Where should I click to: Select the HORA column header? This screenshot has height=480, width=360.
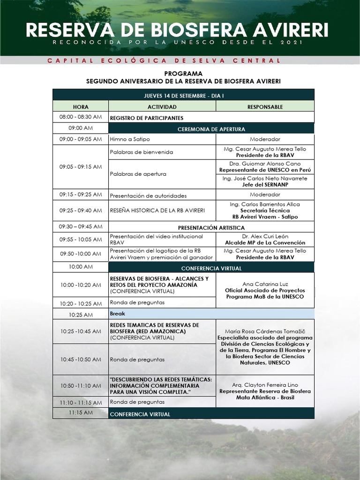(81, 107)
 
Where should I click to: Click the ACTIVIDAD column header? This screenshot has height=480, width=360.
(162, 107)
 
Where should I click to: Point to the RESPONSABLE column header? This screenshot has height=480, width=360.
(265, 107)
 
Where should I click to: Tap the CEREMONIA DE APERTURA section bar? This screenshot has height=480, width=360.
(211, 129)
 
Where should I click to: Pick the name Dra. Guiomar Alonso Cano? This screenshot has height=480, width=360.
(265, 164)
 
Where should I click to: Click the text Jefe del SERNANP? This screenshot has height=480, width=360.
(265, 185)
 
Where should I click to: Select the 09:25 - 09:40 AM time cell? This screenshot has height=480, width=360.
(81, 210)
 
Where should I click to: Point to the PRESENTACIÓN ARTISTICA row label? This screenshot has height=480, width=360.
(211, 227)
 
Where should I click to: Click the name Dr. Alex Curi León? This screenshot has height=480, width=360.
(265, 236)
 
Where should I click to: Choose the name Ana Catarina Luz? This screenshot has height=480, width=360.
(265, 284)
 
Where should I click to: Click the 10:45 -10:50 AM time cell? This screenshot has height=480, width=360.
(81, 360)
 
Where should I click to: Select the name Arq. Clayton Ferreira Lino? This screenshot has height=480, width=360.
(265, 384)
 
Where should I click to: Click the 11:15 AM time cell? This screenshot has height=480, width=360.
(81, 413)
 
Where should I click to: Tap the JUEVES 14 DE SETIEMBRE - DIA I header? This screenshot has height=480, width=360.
(183, 95)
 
